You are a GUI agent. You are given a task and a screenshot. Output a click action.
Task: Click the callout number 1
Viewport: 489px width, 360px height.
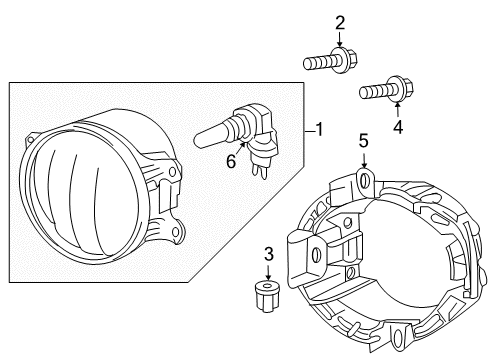tap(319, 130)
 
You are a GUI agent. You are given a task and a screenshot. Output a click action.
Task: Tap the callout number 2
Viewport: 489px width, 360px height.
tap(340, 23)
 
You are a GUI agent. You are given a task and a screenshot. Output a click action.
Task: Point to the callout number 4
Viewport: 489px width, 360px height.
tap(398, 127)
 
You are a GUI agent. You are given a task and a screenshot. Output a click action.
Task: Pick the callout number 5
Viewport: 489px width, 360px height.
tap(364, 143)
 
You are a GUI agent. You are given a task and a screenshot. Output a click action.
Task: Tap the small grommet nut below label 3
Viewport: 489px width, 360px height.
tap(267, 295)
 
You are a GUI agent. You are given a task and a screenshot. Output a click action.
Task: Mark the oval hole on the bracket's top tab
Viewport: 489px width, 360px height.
tap(363, 181)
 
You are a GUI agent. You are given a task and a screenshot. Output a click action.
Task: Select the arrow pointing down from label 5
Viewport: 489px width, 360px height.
tap(364, 162)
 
